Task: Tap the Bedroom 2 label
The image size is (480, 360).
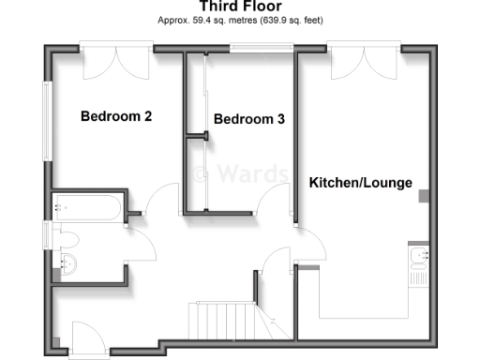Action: tap(116, 117)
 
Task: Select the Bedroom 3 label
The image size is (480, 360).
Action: tap(249, 120)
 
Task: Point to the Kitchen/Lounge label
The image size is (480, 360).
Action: tap(361, 183)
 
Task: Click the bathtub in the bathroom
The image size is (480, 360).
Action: tap(87, 208)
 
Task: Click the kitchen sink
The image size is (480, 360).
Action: tap(417, 254)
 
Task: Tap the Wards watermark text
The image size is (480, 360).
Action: tap(231, 173)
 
